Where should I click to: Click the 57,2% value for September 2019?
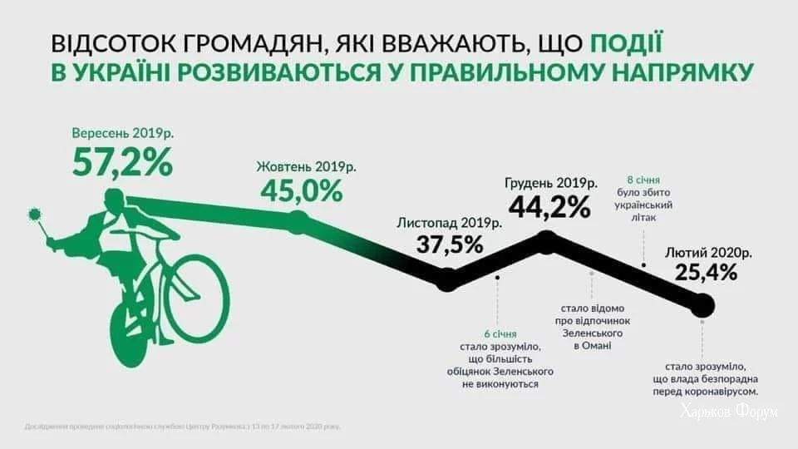(122, 162)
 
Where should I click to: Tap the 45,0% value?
(301, 190)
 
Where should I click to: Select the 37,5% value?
(450, 244)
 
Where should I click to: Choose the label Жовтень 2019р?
(306, 166)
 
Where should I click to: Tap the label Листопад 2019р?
(450, 223)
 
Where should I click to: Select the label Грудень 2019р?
(550, 182)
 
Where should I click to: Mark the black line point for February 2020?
(702, 307)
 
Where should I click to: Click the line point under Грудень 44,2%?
(546, 241)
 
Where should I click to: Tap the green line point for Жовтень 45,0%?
(299, 220)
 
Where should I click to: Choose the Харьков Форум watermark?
(729, 412)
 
